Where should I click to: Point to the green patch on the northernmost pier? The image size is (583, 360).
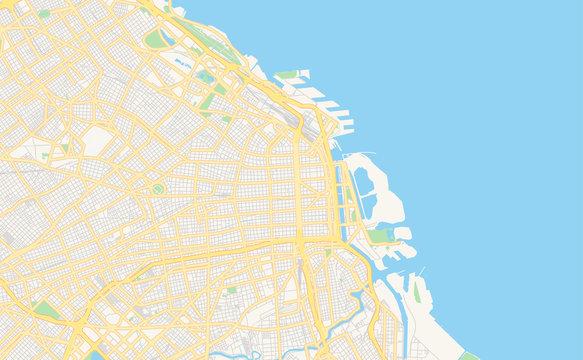click(288, 74)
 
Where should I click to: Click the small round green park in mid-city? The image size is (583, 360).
click(157, 188)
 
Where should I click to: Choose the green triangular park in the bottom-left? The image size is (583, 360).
click(45, 310)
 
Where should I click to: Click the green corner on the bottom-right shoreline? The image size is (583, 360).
click(468, 355)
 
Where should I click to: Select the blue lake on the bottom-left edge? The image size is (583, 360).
click(95, 354)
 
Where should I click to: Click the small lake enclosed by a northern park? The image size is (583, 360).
click(205, 76)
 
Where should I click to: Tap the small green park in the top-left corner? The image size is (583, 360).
click(44, 14)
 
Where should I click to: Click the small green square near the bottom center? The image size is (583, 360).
click(232, 290)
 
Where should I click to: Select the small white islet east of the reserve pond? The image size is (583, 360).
click(402, 233)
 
